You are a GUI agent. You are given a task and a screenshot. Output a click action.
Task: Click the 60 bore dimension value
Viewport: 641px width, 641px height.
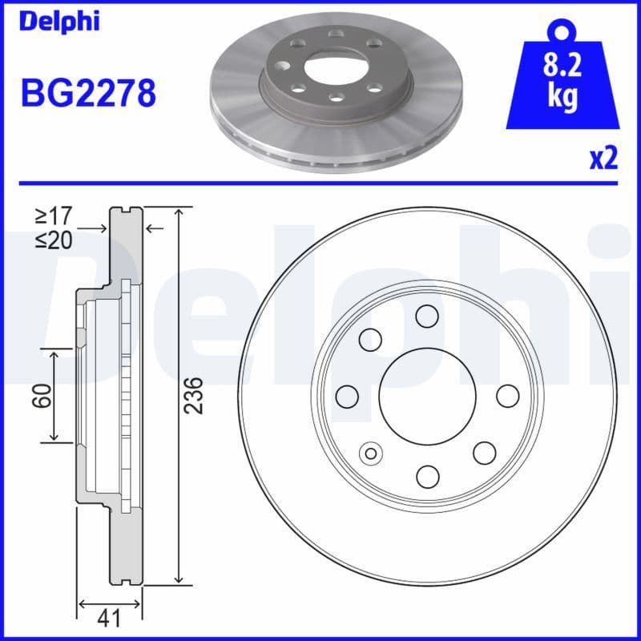tap(42, 394)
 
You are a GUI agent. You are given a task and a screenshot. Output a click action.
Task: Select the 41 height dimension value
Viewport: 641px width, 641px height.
tap(110, 617)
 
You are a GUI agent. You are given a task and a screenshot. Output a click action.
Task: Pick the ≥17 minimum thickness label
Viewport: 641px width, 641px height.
tap(54, 216)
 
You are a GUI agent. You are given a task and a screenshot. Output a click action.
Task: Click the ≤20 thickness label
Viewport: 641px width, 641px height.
tap(54, 240)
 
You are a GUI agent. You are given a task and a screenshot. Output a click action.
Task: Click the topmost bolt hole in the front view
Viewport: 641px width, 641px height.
tap(427, 316)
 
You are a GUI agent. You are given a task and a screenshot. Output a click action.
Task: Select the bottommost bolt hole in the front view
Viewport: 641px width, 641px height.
tap(428, 477)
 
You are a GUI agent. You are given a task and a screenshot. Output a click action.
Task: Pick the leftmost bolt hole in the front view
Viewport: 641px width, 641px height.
tap(347, 396)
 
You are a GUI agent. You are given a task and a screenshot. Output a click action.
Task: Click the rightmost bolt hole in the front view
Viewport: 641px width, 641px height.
tap(508, 396)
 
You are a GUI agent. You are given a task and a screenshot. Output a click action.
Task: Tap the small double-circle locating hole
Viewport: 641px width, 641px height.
tap(371, 454)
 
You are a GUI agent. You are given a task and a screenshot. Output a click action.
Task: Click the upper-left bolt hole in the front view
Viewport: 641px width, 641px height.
tap(370, 340)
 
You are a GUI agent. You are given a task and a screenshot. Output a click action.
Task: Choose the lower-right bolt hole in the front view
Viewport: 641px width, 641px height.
tap(484, 453)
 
